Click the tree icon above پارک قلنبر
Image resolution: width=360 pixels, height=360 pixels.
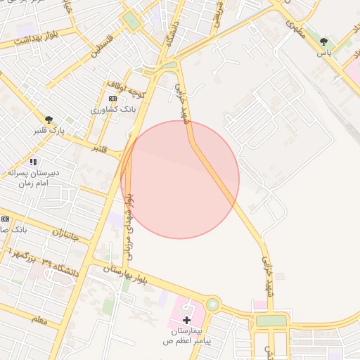coord(48,120)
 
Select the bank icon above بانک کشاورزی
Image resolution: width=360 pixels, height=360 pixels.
coord(112,99)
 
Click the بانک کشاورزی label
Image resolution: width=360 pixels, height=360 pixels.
coord(108,110)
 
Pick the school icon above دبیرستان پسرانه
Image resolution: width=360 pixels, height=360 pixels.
coord(32,162)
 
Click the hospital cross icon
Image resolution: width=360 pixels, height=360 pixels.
coord(186,320)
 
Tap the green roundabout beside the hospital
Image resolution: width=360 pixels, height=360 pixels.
coord(212,304)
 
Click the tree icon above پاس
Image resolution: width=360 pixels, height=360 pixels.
coord(323,41)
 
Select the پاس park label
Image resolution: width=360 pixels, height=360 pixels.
coord(323,53)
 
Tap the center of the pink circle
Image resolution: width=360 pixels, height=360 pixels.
coord(180,179)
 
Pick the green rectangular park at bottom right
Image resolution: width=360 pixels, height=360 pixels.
coord(271,321)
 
